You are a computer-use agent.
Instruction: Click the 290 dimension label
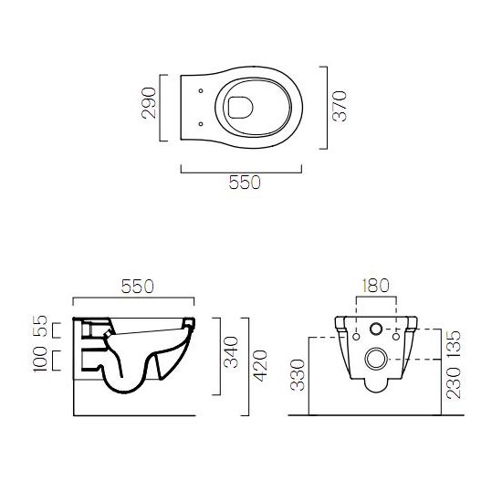[x=149, y=103]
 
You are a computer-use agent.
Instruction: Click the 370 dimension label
[x=340, y=106]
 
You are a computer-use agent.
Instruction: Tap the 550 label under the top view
[x=245, y=183]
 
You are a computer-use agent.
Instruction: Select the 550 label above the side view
[x=137, y=287]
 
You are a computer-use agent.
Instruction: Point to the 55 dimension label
[x=41, y=326]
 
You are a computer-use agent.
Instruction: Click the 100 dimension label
[x=40, y=359]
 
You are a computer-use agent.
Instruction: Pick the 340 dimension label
[x=231, y=352]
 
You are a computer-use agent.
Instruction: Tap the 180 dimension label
[x=375, y=286]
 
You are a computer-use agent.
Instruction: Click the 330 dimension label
[x=298, y=375]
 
